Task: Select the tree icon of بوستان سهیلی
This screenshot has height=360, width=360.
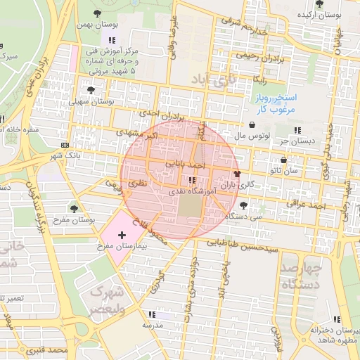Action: click(91, 90)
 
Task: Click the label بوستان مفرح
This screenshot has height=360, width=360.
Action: click(74, 219)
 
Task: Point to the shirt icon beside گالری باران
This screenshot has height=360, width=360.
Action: click(236, 173)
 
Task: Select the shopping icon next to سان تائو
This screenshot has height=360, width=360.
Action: click(283, 160)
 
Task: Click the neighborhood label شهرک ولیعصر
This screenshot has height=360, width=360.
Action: click(108, 299)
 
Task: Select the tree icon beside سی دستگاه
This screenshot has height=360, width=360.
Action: click(243, 205)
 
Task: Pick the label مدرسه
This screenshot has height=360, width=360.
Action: click(153, 326)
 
